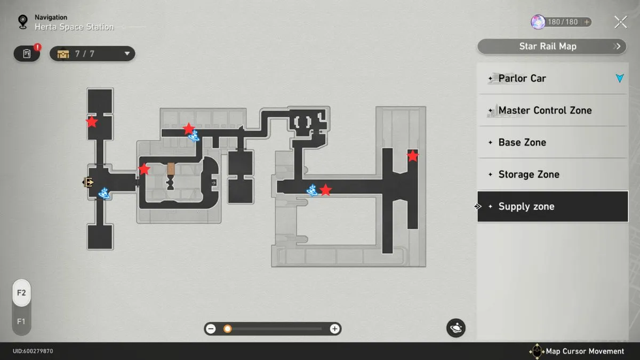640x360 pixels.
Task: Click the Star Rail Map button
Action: pos(551,46)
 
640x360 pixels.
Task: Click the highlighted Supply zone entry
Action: pos(553,206)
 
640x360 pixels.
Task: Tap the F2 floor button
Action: pos(21,293)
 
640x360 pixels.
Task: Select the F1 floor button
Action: pos(21,322)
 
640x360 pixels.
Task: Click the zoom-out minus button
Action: pos(211,329)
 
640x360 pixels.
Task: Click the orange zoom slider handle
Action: pos(227,329)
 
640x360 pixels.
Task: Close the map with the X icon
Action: pos(621,22)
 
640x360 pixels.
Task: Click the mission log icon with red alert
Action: pos(27,53)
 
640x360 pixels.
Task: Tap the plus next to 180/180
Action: pos(587,22)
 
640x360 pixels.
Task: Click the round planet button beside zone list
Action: pos(455,328)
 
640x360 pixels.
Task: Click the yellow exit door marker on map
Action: pos(88,182)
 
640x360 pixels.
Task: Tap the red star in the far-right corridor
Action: pos(413,156)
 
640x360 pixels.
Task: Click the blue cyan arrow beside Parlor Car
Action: pos(620,78)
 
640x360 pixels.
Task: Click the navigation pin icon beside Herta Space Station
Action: pos(23,22)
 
